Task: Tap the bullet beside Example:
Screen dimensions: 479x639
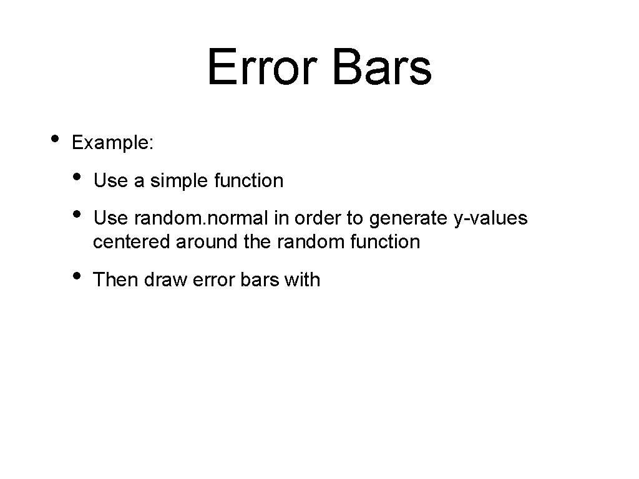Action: [x=55, y=138]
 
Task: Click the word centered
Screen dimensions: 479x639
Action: [x=132, y=242]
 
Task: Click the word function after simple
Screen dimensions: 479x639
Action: [x=248, y=181]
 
